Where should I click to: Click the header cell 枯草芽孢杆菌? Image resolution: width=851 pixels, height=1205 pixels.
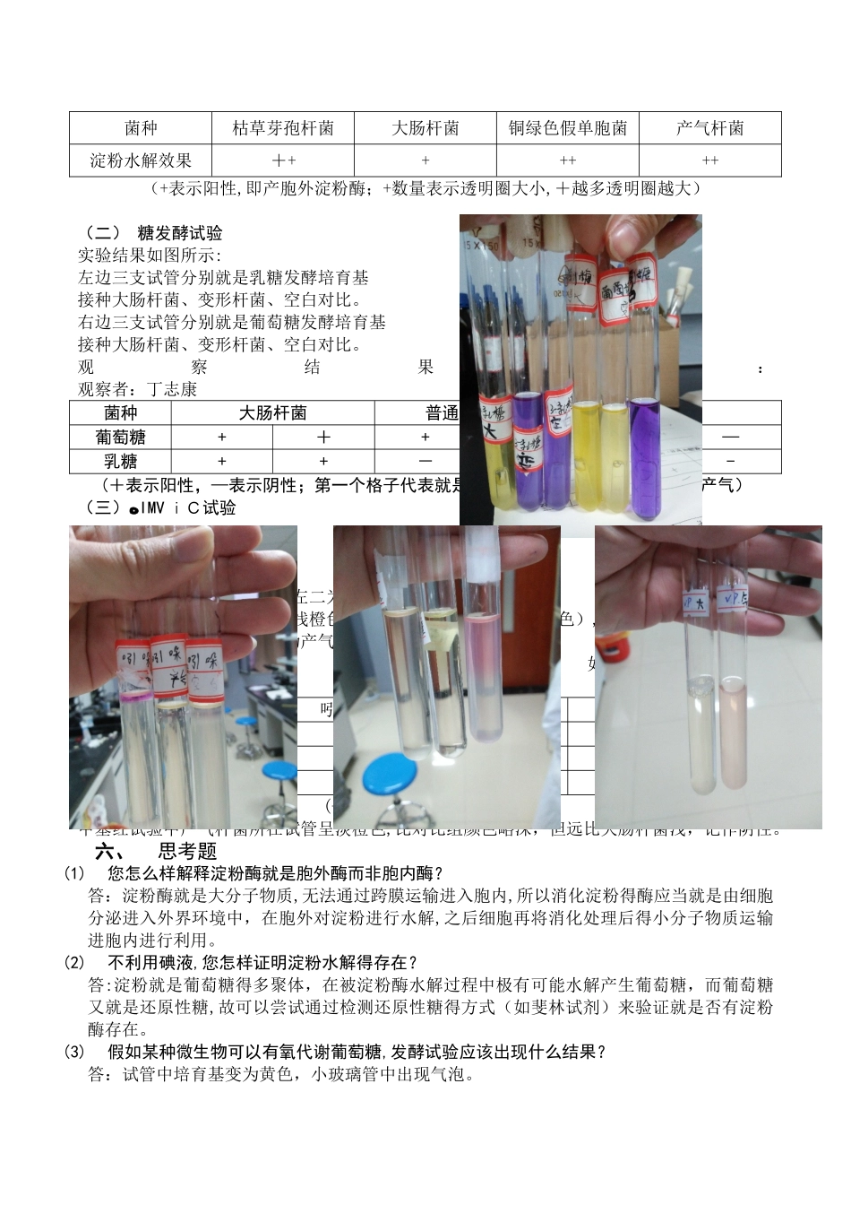pos(283,128)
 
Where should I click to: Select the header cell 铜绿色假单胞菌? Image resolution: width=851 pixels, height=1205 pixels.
pos(568,128)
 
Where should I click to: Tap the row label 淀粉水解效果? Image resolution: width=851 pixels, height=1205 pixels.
pos(141,161)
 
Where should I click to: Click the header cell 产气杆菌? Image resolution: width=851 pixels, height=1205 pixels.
pos(709,128)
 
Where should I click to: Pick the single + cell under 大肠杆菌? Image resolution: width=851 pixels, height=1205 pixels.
pos(425,161)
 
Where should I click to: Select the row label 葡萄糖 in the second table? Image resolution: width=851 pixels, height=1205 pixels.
pos(120,437)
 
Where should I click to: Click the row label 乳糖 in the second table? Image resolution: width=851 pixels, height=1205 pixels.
pos(120,461)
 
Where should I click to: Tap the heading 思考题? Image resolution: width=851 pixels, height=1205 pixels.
pos(187,851)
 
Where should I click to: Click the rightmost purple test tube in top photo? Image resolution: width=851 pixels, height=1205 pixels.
pos(644,457)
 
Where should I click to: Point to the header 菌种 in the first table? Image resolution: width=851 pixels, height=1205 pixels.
pos(141,128)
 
